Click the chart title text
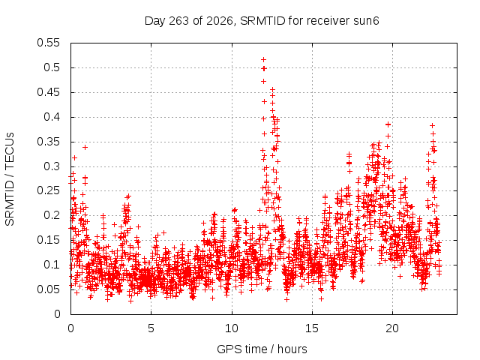pos(262,21)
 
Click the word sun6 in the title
pos(366,21)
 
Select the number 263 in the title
pos(178,21)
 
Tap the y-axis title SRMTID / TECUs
pos(10,179)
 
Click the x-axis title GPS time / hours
pos(262,349)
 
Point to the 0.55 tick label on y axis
pos(48,43)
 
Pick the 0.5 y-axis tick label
pos(52,67)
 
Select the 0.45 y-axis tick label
pos(48,92)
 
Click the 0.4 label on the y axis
pos(52,117)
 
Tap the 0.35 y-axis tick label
pos(48,142)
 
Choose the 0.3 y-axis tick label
pos(52,166)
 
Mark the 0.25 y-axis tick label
pos(48,190)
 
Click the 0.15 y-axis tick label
pos(48,240)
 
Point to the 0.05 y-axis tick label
pos(48,289)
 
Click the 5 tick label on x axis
pos(151,328)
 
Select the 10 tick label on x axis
pos(232,328)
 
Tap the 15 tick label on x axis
pos(312,328)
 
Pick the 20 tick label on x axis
pos(392,328)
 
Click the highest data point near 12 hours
pos(263,59)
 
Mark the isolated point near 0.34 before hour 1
pos(85,147)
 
